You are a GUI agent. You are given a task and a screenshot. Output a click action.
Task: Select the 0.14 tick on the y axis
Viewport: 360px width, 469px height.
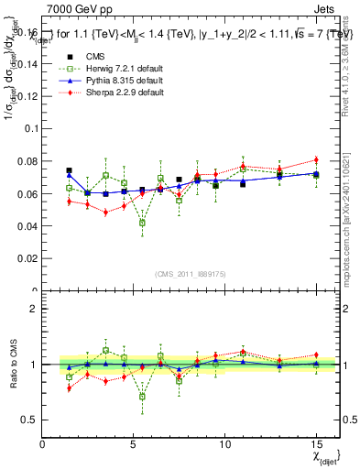[27, 65]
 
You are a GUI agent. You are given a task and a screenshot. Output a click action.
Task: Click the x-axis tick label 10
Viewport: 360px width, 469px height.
[224, 444]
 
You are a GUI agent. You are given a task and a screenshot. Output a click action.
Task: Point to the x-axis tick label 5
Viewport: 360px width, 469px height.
[134, 444]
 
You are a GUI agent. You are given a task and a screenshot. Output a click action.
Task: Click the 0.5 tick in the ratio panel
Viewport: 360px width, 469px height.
[30, 420]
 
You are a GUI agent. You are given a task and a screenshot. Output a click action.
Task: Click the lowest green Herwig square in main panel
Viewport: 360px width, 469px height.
[142, 223]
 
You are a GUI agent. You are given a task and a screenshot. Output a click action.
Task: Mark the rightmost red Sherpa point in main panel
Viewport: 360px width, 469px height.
[316, 160]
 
